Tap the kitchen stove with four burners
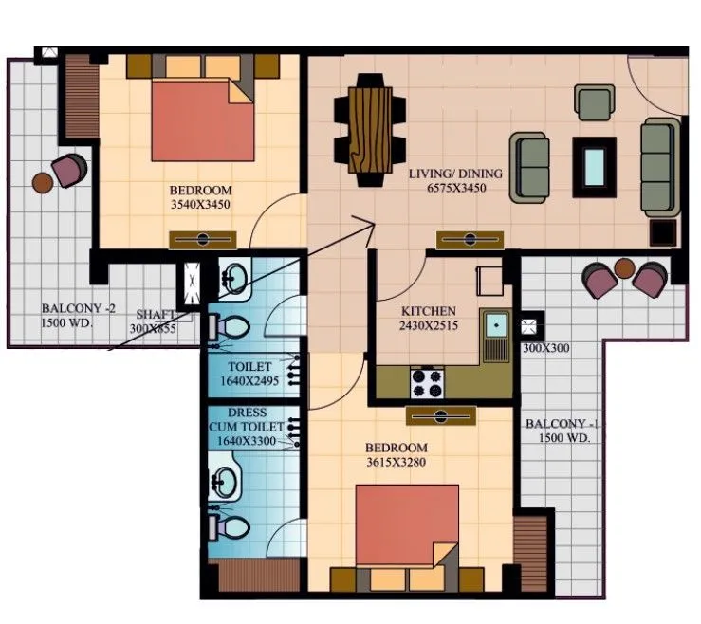coord(428,382)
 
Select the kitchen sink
coord(494,328)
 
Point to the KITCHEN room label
coord(428,311)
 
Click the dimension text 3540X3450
coord(200,204)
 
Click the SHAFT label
coord(156,314)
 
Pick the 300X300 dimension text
coord(545,349)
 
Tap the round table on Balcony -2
coord(43,182)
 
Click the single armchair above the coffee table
coord(595,101)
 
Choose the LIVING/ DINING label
coord(455,174)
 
